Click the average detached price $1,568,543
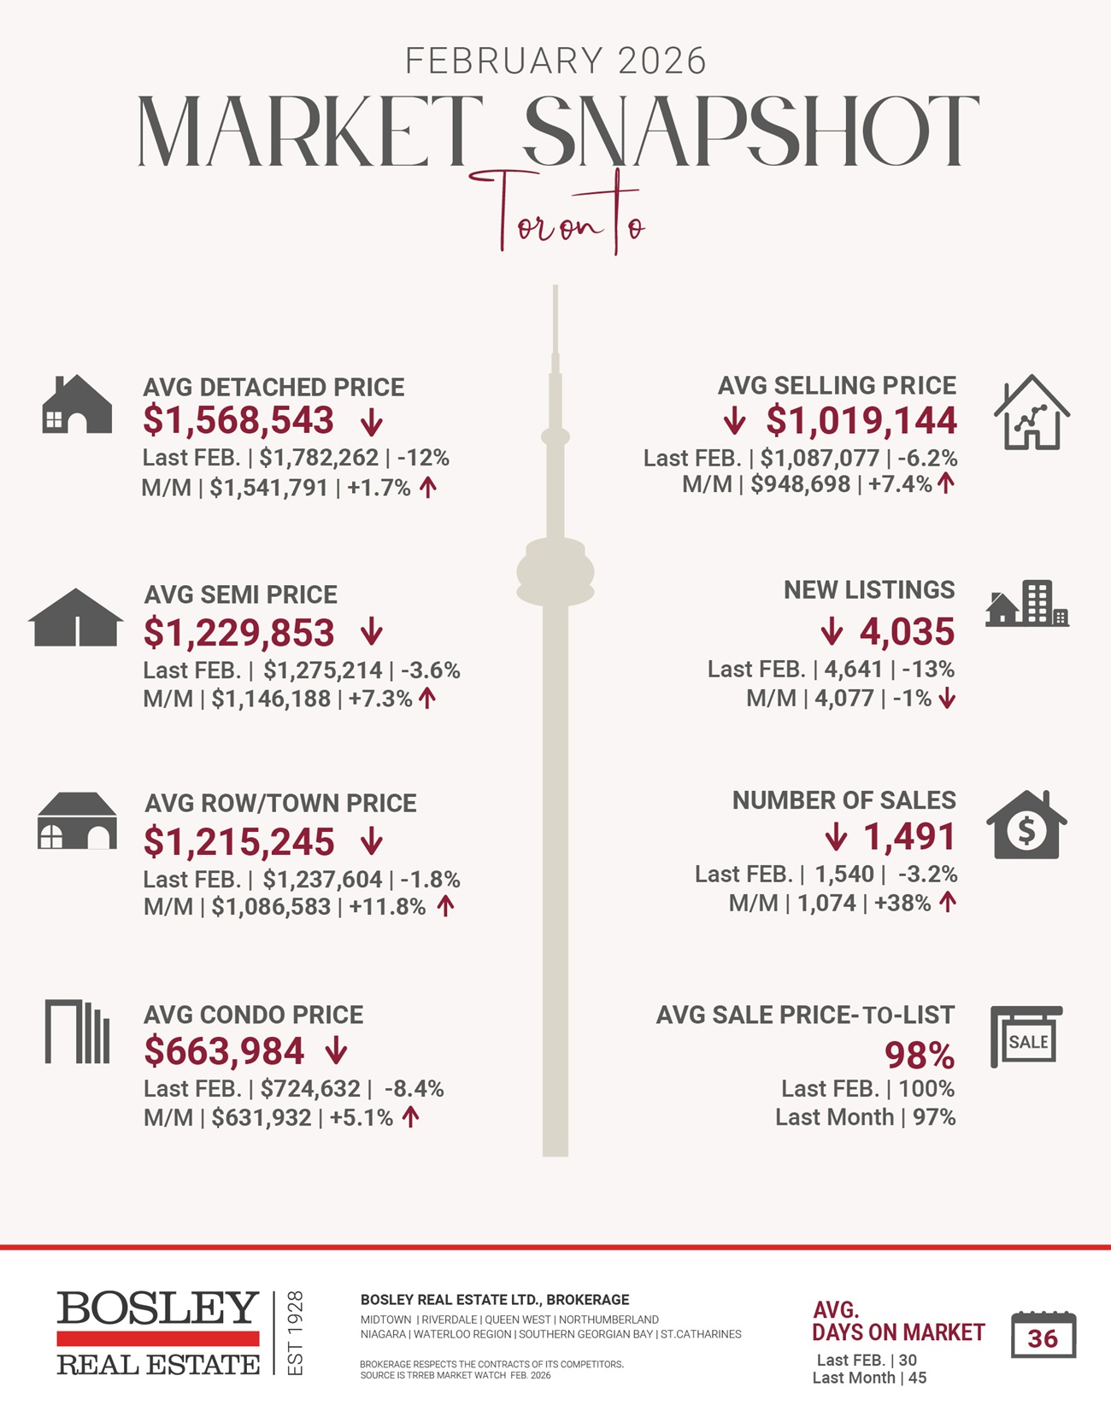click(x=238, y=421)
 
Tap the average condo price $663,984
click(x=224, y=1051)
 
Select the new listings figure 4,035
click(x=907, y=632)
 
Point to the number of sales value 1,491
click(x=909, y=837)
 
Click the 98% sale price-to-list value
click(x=920, y=1056)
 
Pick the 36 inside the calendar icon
click(x=1043, y=1338)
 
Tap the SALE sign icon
click(x=1026, y=1037)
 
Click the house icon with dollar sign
click(x=1026, y=826)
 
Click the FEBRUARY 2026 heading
click(x=555, y=61)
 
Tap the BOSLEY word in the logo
click(x=158, y=1308)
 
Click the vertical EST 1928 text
click(x=295, y=1333)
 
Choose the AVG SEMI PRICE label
click(x=241, y=594)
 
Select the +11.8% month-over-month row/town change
click(x=386, y=907)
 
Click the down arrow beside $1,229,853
click(x=371, y=633)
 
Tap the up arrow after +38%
click(x=947, y=902)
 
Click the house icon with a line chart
click(x=1032, y=413)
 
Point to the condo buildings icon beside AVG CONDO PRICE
click(x=77, y=1032)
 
